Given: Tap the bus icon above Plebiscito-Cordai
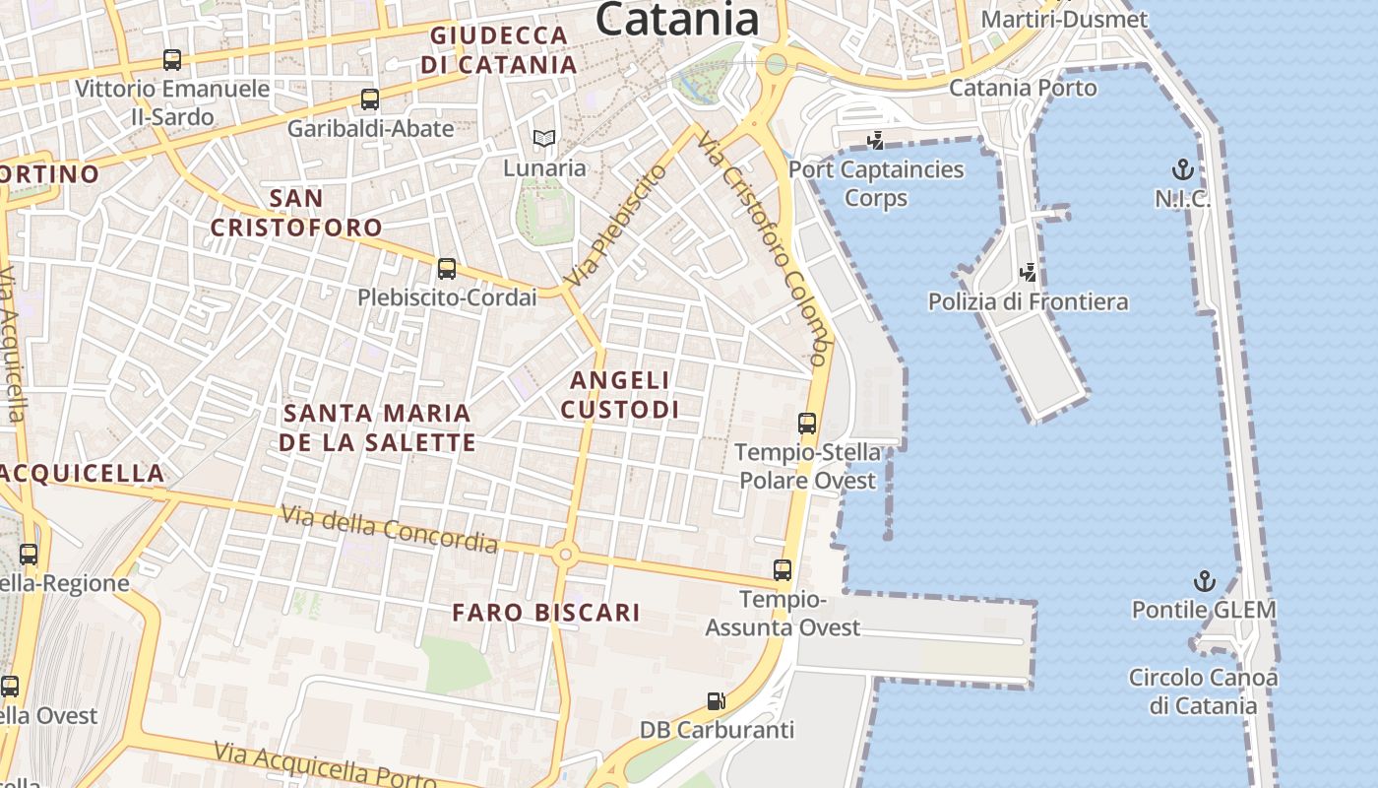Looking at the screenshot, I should [447, 268].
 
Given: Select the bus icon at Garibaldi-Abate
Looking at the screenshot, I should [370, 99].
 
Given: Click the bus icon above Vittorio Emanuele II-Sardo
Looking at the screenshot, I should [172, 59].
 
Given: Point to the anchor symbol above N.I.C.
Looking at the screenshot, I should [1182, 169].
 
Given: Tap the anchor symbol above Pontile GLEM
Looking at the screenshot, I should [1203, 580].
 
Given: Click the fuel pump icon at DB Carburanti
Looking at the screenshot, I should [717, 701].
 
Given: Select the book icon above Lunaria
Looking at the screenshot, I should [544, 139].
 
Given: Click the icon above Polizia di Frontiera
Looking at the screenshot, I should [1029, 272].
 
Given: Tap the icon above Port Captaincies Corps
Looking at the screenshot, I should [875, 141].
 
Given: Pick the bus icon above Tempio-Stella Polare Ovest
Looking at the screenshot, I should [807, 424].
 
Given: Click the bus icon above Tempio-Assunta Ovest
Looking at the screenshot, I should [783, 569].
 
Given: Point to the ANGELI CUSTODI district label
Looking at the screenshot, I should [620, 394].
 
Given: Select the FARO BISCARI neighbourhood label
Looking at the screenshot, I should [546, 613].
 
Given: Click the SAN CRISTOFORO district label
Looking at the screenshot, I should [296, 212].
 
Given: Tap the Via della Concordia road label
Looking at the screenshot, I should [390, 528].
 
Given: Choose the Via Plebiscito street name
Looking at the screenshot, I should [615, 227].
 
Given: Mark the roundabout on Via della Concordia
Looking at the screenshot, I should [565, 555].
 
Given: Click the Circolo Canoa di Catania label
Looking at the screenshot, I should [1203, 691].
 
